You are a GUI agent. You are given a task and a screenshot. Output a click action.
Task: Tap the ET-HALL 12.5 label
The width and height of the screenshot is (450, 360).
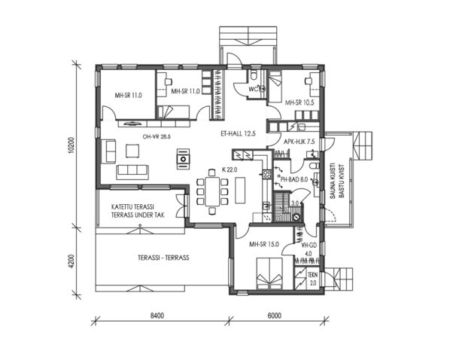(x=239, y=133)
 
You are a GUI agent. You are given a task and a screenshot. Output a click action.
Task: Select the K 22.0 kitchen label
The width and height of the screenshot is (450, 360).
(x=230, y=169)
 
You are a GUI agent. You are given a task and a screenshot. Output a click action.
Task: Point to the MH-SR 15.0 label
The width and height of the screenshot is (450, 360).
(x=264, y=244)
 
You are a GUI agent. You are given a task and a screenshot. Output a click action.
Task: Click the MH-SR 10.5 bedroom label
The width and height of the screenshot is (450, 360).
(x=300, y=102)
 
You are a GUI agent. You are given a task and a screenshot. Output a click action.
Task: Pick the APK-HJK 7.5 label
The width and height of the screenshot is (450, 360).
(x=299, y=140)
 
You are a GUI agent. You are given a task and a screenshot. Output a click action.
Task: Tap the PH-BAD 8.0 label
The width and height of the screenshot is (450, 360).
(x=294, y=181)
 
